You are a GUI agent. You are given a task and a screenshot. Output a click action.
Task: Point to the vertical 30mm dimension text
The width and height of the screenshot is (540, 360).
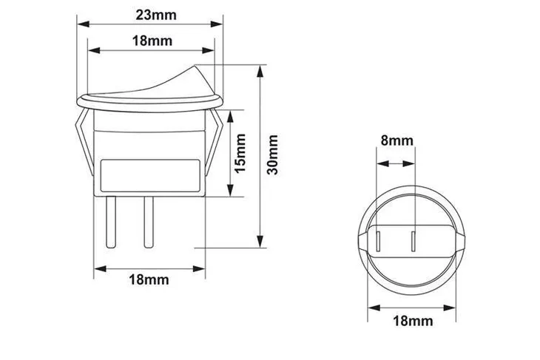coord(273,154)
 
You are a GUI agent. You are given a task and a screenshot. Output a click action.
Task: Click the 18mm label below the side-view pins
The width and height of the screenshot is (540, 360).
coord(149,280)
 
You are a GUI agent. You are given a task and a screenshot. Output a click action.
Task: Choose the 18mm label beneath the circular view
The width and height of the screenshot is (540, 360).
coord(411,320)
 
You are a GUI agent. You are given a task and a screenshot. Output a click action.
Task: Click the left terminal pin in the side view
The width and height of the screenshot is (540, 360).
coord(110,223)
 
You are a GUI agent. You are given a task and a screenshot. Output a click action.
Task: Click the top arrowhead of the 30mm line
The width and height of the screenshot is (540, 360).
coord(260,71)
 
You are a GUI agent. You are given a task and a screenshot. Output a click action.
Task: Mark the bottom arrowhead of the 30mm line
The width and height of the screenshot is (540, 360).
coord(260,242)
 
